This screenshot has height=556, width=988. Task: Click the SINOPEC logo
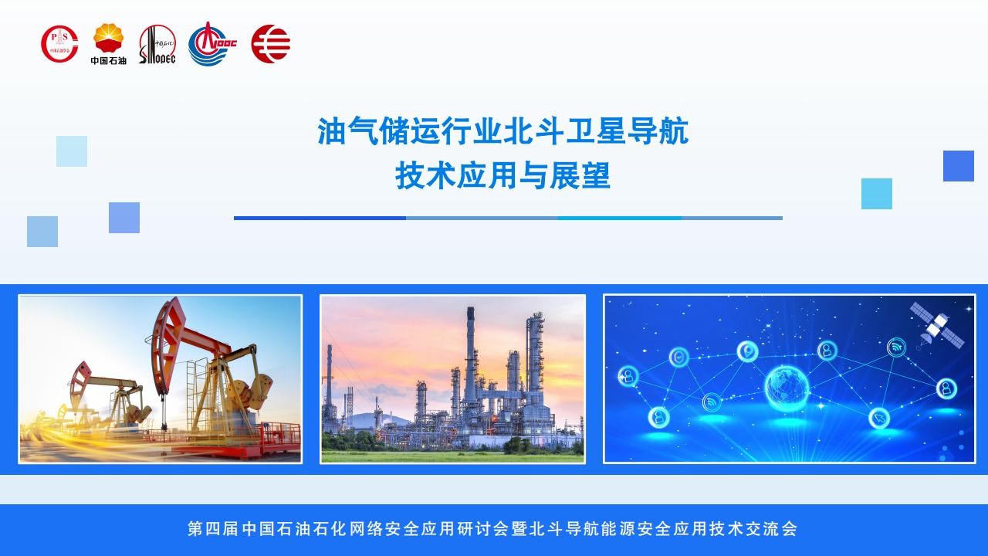pos(157,44)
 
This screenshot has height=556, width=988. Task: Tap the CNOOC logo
pos(212,44)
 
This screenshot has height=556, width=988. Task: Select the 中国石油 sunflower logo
pos(109,44)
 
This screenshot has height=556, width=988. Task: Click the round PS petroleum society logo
pos(59,44)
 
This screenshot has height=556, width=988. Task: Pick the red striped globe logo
pos(271,44)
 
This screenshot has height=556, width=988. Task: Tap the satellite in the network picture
pos(936,326)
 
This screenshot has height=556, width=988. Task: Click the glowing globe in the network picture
pos(787,388)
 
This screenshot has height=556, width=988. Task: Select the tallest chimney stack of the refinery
pos(471,353)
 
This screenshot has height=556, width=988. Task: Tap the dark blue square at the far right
pos(959,166)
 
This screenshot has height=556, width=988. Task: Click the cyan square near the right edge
pos(876,194)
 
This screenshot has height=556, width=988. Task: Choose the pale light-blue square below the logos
pos(72,151)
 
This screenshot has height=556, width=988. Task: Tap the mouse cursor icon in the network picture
pos(879,418)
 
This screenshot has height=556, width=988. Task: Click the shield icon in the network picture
pos(679,357)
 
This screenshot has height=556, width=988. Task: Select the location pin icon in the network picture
pos(748,351)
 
